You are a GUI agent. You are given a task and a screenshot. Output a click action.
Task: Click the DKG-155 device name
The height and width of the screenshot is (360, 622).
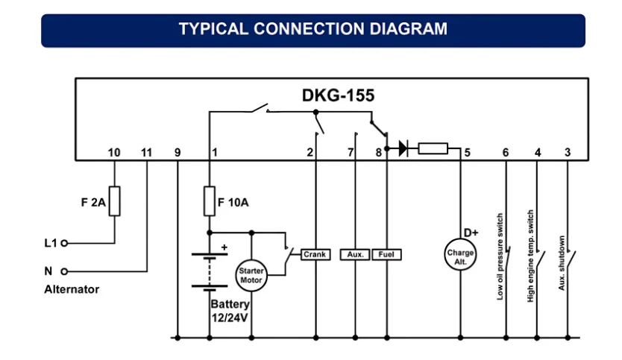pyautogui.click(x=338, y=95)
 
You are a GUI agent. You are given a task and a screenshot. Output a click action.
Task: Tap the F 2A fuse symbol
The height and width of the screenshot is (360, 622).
pyautogui.click(x=115, y=201)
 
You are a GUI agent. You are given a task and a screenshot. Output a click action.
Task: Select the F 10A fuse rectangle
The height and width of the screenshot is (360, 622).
pyautogui.click(x=210, y=201)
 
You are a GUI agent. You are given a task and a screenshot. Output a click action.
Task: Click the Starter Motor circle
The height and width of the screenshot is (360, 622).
pyautogui.click(x=251, y=276)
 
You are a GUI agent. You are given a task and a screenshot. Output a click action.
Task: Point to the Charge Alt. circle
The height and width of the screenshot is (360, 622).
pyautogui.click(x=460, y=255)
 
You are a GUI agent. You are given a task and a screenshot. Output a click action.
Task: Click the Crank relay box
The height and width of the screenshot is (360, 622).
pyautogui.click(x=315, y=255)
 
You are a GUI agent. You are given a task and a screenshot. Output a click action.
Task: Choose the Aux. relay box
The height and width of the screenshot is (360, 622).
pyautogui.click(x=355, y=255)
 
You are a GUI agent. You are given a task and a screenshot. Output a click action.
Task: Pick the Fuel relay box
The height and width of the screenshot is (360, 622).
pyautogui.click(x=386, y=255)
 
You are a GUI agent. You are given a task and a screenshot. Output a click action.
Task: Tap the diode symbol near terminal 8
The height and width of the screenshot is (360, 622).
pyautogui.click(x=403, y=148)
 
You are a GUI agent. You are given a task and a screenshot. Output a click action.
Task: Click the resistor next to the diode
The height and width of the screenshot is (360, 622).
pyautogui.click(x=433, y=148)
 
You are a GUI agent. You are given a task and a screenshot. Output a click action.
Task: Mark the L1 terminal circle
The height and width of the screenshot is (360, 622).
pyautogui.click(x=64, y=243)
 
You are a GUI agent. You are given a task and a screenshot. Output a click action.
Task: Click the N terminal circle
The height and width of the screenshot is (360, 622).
pyautogui.click(x=64, y=271)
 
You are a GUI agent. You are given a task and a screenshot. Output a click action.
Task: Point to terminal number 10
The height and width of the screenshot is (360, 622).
pyautogui.click(x=114, y=153)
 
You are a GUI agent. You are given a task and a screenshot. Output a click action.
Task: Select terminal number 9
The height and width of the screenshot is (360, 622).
pyautogui.click(x=178, y=153)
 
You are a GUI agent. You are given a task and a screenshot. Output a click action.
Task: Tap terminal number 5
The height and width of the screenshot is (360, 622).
pyautogui.click(x=468, y=153)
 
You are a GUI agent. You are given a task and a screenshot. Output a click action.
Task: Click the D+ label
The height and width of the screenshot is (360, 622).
pyautogui.click(x=471, y=233)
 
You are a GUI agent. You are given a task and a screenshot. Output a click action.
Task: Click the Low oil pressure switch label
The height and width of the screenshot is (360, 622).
pyautogui.click(x=500, y=256)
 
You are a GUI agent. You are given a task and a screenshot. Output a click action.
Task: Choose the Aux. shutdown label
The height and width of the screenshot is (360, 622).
pyautogui.click(x=562, y=263)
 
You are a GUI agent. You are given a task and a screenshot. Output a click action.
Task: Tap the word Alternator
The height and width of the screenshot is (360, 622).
pyautogui.click(x=72, y=289)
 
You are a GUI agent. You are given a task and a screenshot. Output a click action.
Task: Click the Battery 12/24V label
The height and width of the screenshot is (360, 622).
pyautogui.click(x=230, y=312)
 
